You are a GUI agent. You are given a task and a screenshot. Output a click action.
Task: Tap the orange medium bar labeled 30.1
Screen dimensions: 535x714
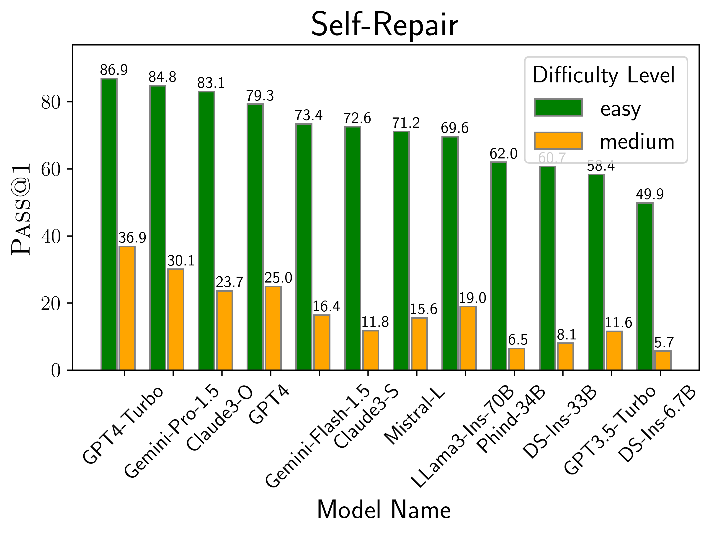(x=176, y=319)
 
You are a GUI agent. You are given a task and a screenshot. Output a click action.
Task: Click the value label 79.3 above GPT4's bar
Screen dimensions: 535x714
(x=260, y=96)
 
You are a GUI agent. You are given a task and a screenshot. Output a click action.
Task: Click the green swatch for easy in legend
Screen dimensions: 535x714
(x=558, y=107)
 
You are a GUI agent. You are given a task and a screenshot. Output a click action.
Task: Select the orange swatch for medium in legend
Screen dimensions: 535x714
(x=558, y=141)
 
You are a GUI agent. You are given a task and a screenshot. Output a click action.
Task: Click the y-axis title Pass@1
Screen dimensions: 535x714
(x=21, y=210)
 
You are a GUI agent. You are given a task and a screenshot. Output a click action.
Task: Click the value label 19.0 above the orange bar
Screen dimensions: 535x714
(x=472, y=298)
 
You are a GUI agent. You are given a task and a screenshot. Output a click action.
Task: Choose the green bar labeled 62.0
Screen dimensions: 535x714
(x=498, y=266)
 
